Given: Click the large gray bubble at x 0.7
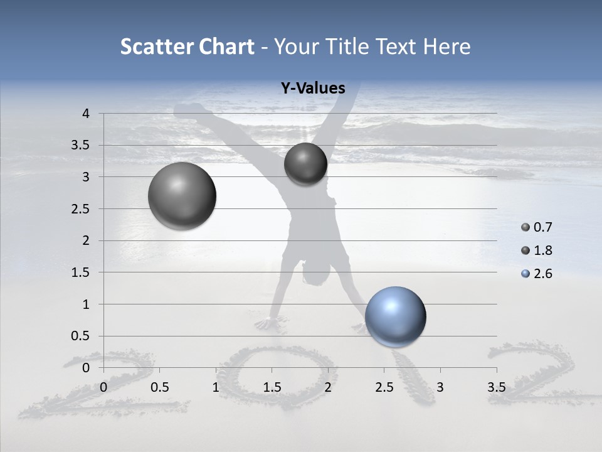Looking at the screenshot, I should click(x=182, y=196).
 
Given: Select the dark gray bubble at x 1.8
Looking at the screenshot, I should click(x=305, y=164).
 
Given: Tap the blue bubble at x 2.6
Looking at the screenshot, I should click(x=395, y=316).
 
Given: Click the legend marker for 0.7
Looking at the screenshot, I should click(x=525, y=227).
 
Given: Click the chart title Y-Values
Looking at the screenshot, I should click(x=312, y=89).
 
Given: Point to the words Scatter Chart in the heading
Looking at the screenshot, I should click(x=187, y=46).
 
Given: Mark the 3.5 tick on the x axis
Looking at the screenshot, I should click(x=496, y=387).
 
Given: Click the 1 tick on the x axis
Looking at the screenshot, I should click(x=216, y=387).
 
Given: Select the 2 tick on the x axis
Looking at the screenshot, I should click(x=328, y=387).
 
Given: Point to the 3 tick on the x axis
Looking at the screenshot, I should click(x=440, y=387).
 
